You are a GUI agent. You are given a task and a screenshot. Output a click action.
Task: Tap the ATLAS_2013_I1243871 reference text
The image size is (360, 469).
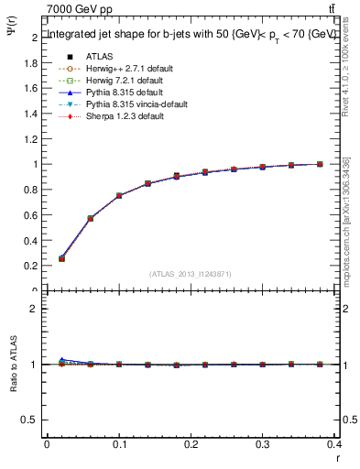coord(191,274)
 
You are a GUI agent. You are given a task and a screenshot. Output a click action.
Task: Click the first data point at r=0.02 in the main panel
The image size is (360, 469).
coord(61,258)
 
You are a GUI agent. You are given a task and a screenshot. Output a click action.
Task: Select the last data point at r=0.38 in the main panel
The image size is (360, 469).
coord(320,164)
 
